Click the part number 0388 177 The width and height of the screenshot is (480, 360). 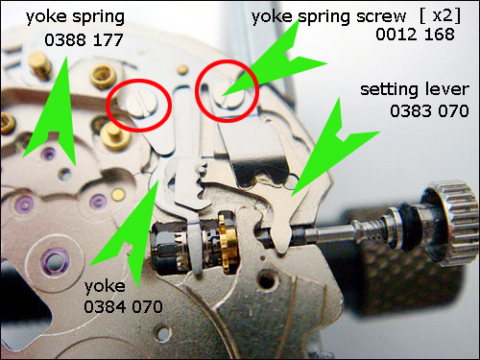coord(84,40)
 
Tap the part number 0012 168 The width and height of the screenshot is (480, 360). coord(415,35)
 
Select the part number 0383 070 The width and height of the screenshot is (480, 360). coord(429,111)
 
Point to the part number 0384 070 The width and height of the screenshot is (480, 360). coord(123,307)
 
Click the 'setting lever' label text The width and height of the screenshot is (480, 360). coord(415,89)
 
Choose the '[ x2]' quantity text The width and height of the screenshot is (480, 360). coord(441,15)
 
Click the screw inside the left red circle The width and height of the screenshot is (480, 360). coord(141,103)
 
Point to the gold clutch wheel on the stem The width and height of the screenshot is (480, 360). coord(228,244)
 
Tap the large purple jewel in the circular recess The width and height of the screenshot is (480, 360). coord(55,262)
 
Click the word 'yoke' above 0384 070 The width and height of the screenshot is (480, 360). coord(105,286)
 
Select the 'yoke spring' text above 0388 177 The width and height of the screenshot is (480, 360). coord(75,17)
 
